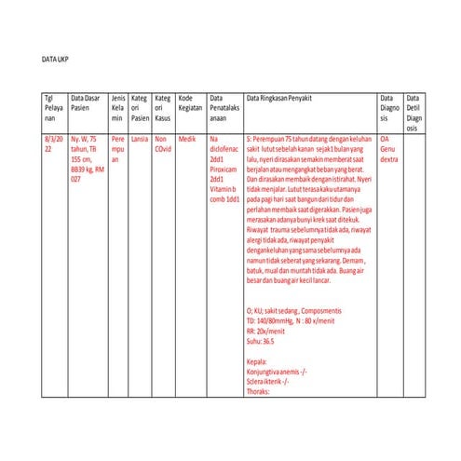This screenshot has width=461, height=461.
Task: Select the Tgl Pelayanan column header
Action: [x=54, y=108]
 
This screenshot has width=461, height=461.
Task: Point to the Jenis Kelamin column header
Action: [x=117, y=108]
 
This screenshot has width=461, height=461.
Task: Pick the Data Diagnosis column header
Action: [x=388, y=108]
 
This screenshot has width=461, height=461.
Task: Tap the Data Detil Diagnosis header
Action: [x=414, y=113]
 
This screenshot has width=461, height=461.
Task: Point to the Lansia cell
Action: [x=140, y=138]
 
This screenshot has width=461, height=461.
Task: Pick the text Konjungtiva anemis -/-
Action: [x=278, y=371]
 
